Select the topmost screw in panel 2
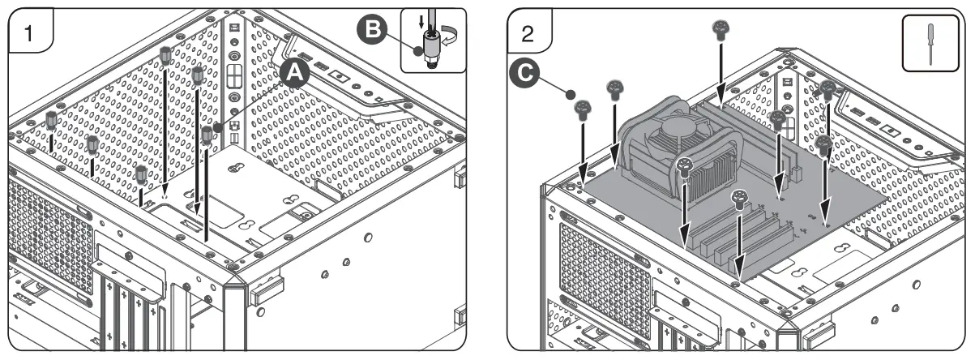pyautogui.click(x=718, y=29)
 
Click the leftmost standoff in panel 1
pyautogui.click(x=52, y=120)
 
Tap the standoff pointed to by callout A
pyautogui.click(x=208, y=134)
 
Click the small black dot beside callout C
pyautogui.click(x=571, y=94)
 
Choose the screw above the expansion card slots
pyautogui.click(x=739, y=198)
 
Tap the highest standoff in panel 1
pyautogui.click(x=165, y=54)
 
